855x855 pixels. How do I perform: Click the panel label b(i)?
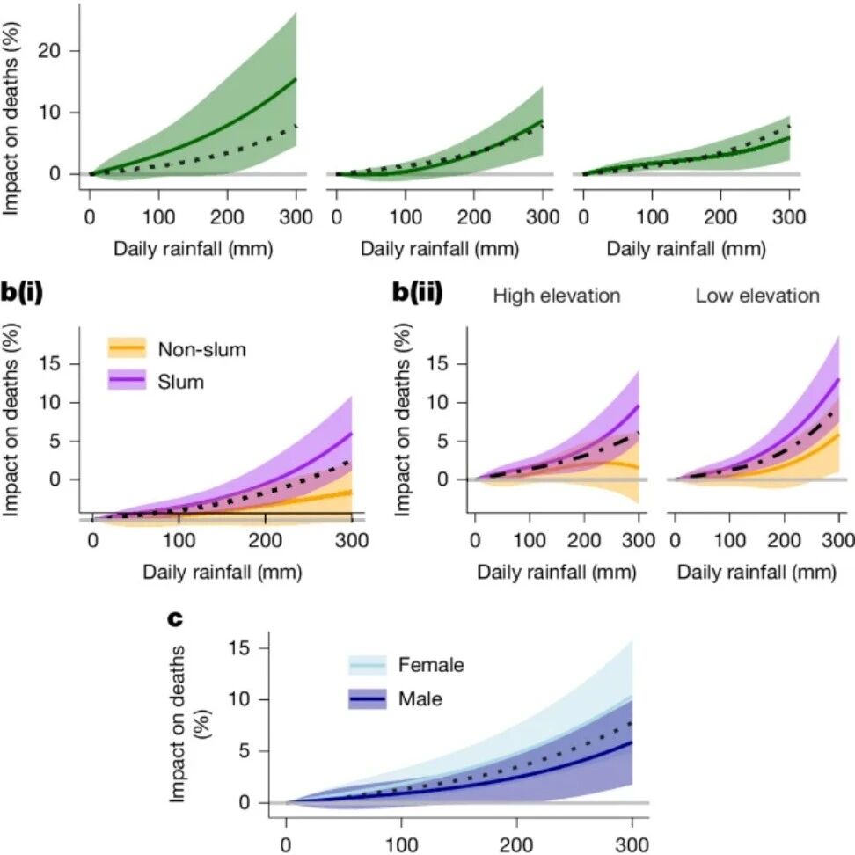tap(22, 293)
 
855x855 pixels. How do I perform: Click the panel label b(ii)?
tap(417, 293)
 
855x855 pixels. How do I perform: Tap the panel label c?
tap(175, 619)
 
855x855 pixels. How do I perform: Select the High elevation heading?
tap(557, 296)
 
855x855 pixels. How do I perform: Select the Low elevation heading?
tap(757, 296)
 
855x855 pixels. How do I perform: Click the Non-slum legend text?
tap(201, 349)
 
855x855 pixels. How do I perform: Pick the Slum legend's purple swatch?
tap(127, 379)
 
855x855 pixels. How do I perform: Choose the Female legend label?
tap(431, 665)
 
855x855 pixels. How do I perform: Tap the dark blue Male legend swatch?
tap(368, 698)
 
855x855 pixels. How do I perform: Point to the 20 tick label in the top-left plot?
tap(49, 51)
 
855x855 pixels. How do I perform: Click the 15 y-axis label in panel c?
tap(239, 647)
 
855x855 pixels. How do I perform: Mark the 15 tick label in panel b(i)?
tap(49, 363)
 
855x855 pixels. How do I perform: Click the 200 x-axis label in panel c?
tap(516, 844)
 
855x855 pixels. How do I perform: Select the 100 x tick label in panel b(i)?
tap(179, 540)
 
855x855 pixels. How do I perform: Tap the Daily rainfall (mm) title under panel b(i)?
tap(223, 572)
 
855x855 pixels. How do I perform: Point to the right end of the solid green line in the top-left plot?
tap(296, 79)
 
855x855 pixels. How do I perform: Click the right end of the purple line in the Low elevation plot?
tap(838, 379)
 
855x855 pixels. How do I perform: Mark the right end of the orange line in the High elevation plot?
tap(639, 467)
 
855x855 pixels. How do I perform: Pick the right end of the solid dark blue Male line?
tap(632, 742)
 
